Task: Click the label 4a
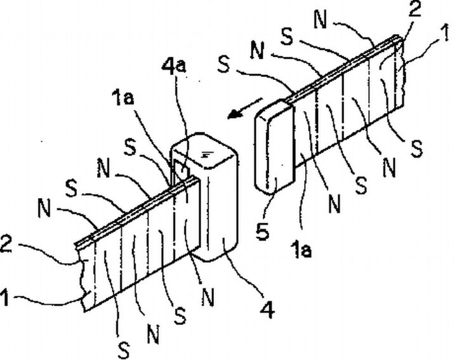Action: (x=174, y=67)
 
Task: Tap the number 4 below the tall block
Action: (x=268, y=309)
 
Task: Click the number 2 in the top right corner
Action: (x=414, y=11)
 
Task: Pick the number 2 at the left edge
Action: (x=6, y=244)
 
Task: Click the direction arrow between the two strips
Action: (x=245, y=108)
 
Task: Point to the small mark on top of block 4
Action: (x=206, y=155)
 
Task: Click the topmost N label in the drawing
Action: (x=321, y=20)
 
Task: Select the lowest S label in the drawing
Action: (x=124, y=350)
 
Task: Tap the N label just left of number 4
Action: (x=208, y=297)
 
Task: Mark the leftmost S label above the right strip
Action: (x=223, y=66)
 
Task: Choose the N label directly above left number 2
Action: (x=44, y=208)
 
